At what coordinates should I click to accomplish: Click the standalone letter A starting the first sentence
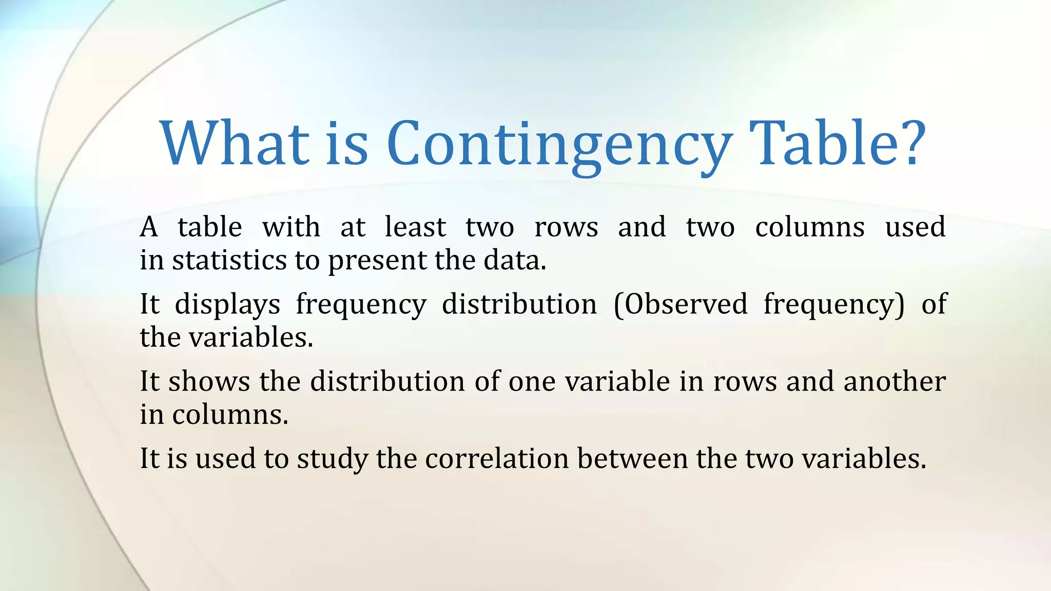tap(149, 227)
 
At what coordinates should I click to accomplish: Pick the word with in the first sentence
tap(291, 227)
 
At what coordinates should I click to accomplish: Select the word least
tap(415, 227)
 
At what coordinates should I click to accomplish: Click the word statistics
tap(229, 260)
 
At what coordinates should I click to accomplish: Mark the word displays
tap(227, 305)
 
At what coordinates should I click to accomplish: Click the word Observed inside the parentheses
tap(686, 304)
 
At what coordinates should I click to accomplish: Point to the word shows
tap(209, 381)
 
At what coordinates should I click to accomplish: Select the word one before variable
tap(532, 382)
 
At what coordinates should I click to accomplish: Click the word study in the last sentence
tap(332, 459)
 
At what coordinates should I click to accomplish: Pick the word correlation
tap(497, 458)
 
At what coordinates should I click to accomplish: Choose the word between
tap(632, 458)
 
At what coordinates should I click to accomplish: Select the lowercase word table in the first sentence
tap(210, 227)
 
